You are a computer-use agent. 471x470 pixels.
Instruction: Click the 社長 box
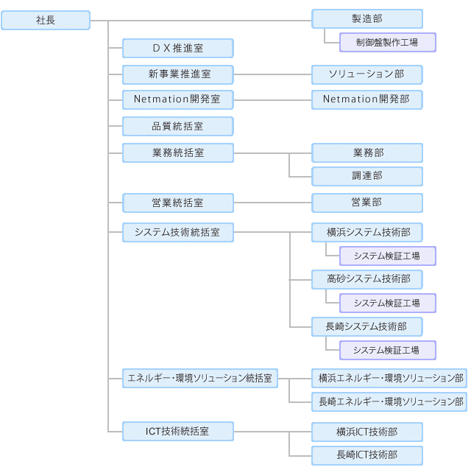[46, 21]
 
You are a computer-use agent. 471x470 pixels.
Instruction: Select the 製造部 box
[367, 18]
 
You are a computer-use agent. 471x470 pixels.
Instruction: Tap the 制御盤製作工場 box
[387, 43]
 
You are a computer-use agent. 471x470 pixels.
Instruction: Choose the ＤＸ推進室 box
[177, 49]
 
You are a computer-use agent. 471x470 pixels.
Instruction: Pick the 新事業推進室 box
[177, 74]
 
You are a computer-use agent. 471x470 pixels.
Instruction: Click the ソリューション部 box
[367, 74]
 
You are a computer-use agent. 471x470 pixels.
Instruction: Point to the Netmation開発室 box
[177, 98]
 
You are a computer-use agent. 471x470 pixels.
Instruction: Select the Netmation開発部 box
[367, 98]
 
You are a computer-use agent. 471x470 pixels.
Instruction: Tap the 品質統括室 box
[177, 126]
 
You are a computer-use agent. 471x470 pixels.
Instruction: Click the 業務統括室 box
[177, 152]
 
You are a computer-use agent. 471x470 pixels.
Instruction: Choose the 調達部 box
[367, 176]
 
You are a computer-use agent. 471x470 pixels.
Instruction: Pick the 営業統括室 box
[177, 203]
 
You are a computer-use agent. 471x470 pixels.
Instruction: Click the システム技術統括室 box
[177, 232]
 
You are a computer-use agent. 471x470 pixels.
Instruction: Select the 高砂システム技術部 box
[367, 278]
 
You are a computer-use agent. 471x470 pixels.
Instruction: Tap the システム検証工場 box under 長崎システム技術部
[387, 350]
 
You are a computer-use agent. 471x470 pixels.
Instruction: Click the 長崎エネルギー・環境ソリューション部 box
[391, 401]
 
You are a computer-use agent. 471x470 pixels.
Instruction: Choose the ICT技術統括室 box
[177, 430]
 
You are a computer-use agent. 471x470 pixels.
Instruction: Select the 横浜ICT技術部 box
[367, 432]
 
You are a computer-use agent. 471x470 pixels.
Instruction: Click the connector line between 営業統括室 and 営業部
[272, 203]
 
